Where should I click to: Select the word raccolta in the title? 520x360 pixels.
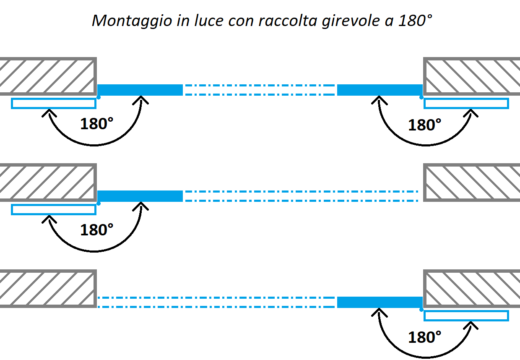(x=288, y=21)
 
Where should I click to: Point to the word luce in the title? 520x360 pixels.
(x=209, y=21)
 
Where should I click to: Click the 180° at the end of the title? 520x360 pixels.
(x=415, y=21)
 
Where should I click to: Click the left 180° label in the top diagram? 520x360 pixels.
(x=96, y=123)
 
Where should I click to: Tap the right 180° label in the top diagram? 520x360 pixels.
(x=424, y=125)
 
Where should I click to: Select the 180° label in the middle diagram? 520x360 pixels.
(x=96, y=230)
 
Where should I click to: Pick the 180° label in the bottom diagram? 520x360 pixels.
(x=424, y=337)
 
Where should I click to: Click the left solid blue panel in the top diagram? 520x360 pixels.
(x=140, y=90)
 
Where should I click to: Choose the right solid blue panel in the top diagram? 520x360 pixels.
(x=380, y=90)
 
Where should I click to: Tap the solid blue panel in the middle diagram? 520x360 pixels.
(x=140, y=196)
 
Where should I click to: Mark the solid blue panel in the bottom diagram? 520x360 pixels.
(x=380, y=302)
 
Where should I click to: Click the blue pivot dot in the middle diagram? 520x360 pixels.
(x=99, y=203)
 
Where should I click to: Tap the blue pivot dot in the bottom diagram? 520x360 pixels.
(x=421, y=310)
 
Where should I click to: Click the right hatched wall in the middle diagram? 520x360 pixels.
(x=471, y=183)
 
